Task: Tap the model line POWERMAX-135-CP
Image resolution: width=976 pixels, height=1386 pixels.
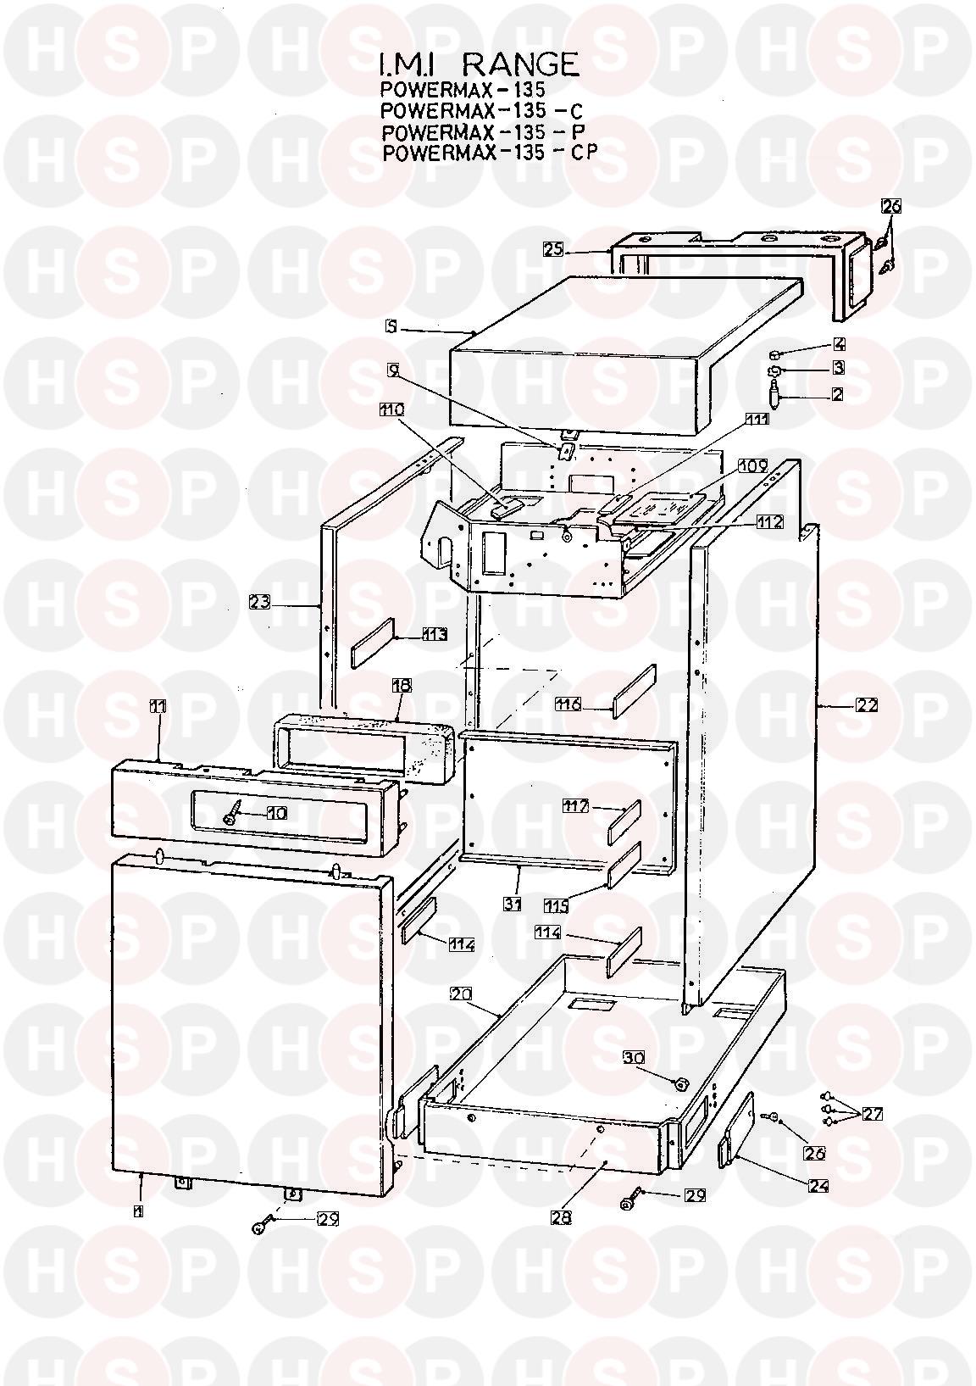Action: click(490, 153)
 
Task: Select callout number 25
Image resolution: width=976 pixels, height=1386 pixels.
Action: click(553, 249)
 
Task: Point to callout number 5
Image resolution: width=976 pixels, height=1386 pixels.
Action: click(390, 326)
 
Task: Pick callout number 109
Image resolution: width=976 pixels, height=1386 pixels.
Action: click(752, 466)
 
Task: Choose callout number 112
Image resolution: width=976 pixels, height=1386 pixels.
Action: click(770, 522)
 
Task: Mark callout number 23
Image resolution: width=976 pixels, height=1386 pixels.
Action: click(260, 601)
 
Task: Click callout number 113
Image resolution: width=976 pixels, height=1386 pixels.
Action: click(435, 634)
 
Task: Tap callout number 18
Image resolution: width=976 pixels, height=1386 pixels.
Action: click(402, 686)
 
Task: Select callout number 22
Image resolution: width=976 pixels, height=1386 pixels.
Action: click(868, 704)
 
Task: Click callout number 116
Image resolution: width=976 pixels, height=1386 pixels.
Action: click(568, 704)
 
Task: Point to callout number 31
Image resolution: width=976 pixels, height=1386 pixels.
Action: click(512, 904)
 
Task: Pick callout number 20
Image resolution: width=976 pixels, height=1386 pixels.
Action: click(461, 994)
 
